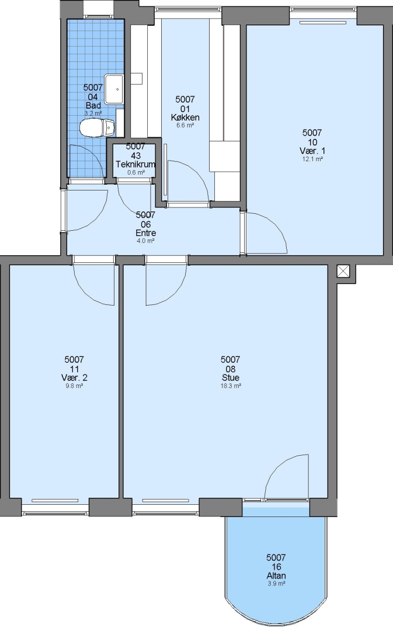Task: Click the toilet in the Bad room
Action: coord(97,128)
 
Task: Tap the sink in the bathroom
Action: coord(114,89)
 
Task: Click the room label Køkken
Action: coord(185,117)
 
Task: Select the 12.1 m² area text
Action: coord(312,159)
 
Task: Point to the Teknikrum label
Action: coord(135,165)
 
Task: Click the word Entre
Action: coord(145,233)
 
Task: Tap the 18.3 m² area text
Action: coord(231,386)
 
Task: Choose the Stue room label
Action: coord(231,377)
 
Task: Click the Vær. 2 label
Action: coord(74,377)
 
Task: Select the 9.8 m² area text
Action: coord(74,386)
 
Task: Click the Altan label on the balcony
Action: coord(276,575)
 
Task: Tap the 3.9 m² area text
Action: coord(276,584)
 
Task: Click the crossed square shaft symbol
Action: coord(343,271)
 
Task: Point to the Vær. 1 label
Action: coord(312,151)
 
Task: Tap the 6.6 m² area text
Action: coord(185,126)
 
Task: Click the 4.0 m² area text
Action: coord(145,241)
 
